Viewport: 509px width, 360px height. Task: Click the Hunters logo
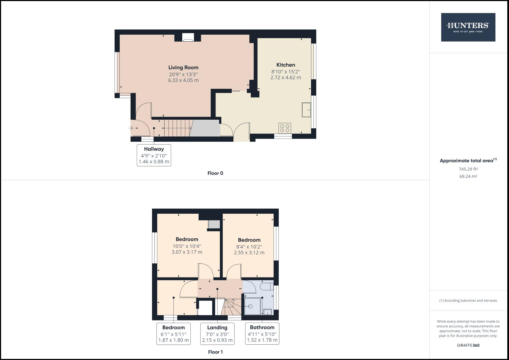tap(468, 27)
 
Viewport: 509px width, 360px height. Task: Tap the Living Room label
tap(183, 68)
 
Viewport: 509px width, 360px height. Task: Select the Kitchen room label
tap(286, 65)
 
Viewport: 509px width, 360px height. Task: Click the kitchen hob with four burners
tap(285, 128)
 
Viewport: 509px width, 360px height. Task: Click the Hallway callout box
tap(154, 155)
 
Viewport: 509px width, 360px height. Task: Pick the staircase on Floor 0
tap(176, 128)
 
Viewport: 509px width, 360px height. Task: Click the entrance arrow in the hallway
tap(131, 128)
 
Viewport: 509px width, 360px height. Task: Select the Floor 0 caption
tap(215, 173)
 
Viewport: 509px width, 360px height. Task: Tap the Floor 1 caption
tap(215, 352)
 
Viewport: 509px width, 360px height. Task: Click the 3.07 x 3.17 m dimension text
tap(187, 252)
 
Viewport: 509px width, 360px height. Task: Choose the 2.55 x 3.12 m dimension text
tap(249, 253)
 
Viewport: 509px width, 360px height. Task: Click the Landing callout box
tap(217, 334)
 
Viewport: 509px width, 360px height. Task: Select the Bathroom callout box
tap(262, 334)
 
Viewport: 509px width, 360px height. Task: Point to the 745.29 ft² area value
tap(468, 169)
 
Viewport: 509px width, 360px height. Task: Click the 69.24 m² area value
tap(468, 176)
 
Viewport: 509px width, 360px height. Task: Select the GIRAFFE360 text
tap(468, 345)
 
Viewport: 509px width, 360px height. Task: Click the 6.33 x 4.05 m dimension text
tap(183, 80)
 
